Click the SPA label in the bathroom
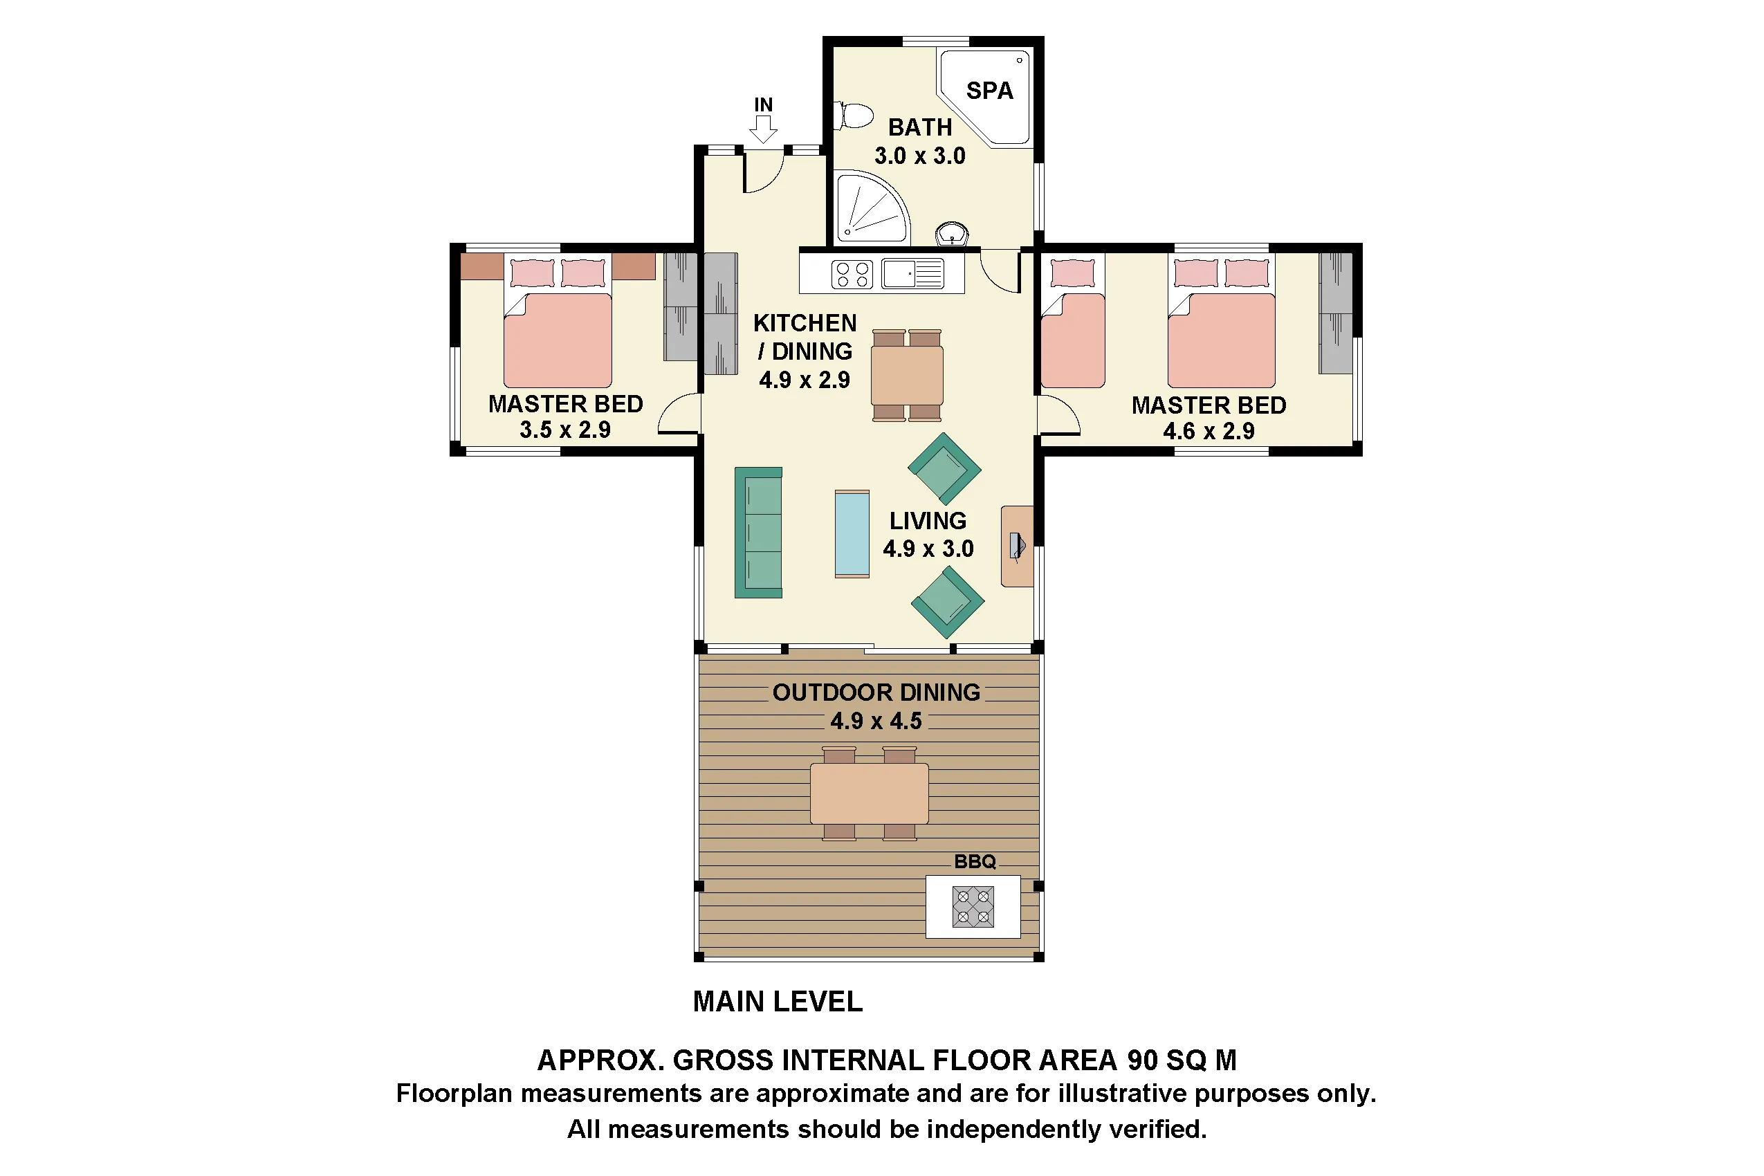pos(989,91)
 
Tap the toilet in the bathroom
pos(854,116)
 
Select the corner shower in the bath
pos(870,208)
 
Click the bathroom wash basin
pos(952,234)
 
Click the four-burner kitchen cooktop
pos(852,274)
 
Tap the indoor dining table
pos(907,375)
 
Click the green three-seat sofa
pos(758,533)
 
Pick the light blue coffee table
pos(852,534)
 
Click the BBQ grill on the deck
pos(973,906)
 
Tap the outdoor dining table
pos(870,793)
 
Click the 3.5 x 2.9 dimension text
pos(564,430)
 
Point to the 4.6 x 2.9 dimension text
pos(1209,431)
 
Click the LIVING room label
pos(928,520)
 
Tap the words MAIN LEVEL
pos(778,1001)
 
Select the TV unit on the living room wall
pos(1017,546)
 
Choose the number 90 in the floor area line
pos(1142,1060)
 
